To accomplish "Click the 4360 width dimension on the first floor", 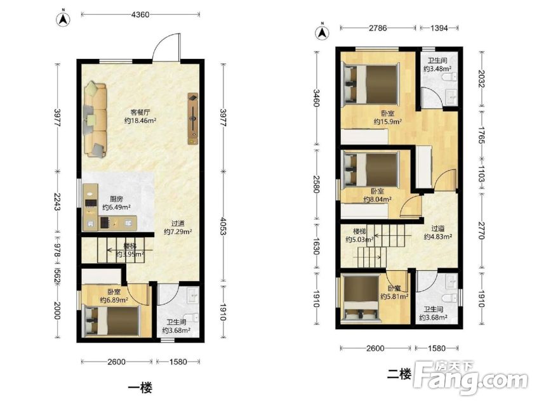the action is (x=140, y=15).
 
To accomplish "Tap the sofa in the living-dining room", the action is (x=96, y=119).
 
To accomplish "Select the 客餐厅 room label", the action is (x=140, y=112).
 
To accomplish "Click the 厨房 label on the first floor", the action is (x=116, y=199).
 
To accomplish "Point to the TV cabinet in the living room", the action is (x=193, y=119).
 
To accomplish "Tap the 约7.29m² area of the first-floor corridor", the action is (x=178, y=231).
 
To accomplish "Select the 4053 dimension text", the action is (x=223, y=226).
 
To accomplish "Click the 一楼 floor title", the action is (x=140, y=388).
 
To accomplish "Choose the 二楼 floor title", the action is (x=399, y=374).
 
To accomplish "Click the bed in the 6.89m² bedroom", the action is (x=111, y=320).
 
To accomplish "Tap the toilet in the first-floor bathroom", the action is (x=192, y=318).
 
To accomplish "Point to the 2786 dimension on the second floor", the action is (x=378, y=28).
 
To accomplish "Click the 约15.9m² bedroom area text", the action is (x=388, y=121).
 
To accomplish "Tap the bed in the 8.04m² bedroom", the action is (x=371, y=168).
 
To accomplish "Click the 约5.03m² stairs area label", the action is (x=359, y=240).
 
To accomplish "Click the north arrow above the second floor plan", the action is (x=322, y=32).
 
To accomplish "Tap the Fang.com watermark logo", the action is (x=470, y=378).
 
